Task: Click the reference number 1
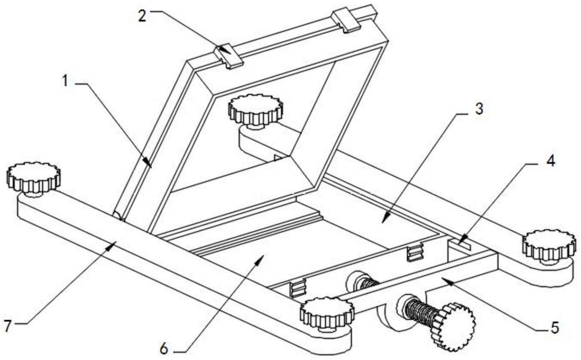coord(65,81)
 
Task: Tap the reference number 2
coord(142,16)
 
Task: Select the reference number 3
coord(479,109)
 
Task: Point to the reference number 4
coord(551,161)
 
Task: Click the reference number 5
coord(555,327)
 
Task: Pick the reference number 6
coord(164,349)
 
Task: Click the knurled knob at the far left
coord(33,179)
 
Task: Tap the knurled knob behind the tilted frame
coord(255,111)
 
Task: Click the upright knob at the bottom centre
coord(327,314)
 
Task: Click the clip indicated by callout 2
coord(228,56)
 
